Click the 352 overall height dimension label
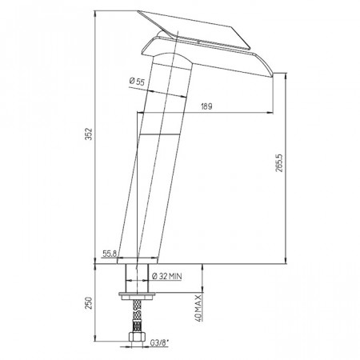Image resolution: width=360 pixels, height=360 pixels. coord(89,134)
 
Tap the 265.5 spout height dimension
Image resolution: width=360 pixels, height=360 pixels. coord(280,162)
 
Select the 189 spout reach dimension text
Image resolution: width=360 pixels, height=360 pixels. coord(206,106)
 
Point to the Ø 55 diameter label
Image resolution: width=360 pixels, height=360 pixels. coord(137,81)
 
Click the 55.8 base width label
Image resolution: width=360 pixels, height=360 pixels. coord(110,254)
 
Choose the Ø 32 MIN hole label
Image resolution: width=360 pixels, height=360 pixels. coord(167,276)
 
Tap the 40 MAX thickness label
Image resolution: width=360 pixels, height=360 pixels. coord(198,308)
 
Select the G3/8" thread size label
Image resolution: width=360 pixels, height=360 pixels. coord(160,342)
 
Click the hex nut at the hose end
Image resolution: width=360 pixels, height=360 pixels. coord(137,337)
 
